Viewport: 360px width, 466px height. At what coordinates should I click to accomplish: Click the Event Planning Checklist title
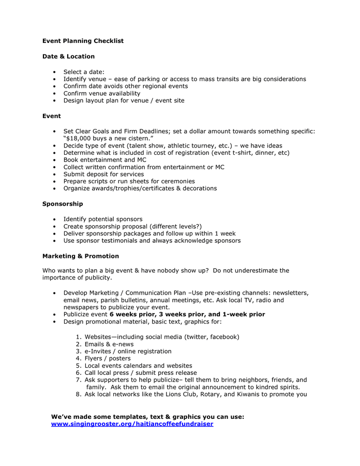pos(83,41)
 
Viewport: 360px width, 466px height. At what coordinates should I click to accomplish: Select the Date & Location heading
pos(68,56)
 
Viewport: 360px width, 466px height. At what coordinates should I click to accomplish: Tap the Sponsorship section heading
pos(63,204)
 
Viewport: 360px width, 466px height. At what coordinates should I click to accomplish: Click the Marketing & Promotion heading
pos(81,256)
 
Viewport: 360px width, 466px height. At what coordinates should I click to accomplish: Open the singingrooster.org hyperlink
pos(132,424)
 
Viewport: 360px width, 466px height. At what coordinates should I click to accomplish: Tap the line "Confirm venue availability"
pos(102,93)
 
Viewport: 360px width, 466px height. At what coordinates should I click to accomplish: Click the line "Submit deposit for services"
pos(103,174)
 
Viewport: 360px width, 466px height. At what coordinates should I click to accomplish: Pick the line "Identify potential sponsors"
pos(103,219)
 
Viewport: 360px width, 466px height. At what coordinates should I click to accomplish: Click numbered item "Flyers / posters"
pos(108,358)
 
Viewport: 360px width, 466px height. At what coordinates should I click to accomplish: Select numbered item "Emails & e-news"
pos(109,344)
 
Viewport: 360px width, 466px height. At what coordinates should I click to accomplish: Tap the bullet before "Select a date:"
pos(55,72)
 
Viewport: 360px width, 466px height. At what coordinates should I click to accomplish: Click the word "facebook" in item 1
pos(223,337)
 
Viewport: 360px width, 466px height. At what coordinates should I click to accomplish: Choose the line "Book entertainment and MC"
pos(105,160)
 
